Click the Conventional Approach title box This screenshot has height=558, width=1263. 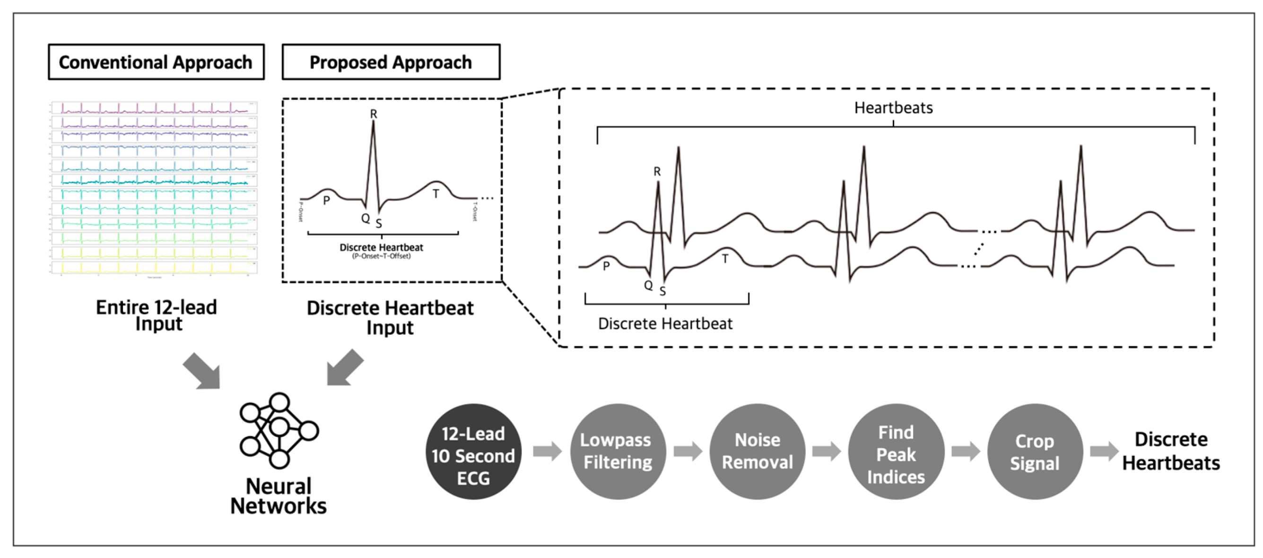[x=156, y=62]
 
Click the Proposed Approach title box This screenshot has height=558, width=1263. [x=391, y=62]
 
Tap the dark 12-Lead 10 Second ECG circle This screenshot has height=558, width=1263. [x=473, y=452]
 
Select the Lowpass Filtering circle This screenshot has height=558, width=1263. [x=617, y=452]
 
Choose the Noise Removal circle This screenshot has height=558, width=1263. [x=757, y=452]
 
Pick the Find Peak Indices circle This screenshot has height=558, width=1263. [x=896, y=452]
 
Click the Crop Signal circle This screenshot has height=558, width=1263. [x=1035, y=452]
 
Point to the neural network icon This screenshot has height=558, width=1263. [x=279, y=430]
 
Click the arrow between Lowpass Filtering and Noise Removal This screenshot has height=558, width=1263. [x=688, y=451]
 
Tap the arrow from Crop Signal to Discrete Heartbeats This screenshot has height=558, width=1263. [x=1104, y=451]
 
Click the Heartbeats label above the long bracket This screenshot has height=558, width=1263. [x=893, y=108]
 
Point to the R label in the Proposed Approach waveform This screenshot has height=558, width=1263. [x=374, y=114]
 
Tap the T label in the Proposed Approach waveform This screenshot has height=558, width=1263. [x=436, y=194]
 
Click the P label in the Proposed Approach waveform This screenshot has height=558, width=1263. [x=327, y=201]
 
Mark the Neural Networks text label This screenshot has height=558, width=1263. [x=279, y=496]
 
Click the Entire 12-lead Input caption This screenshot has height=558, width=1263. [x=157, y=315]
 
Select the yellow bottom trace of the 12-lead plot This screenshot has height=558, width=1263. [x=155, y=268]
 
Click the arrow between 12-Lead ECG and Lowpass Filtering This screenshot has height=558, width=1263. [x=547, y=451]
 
